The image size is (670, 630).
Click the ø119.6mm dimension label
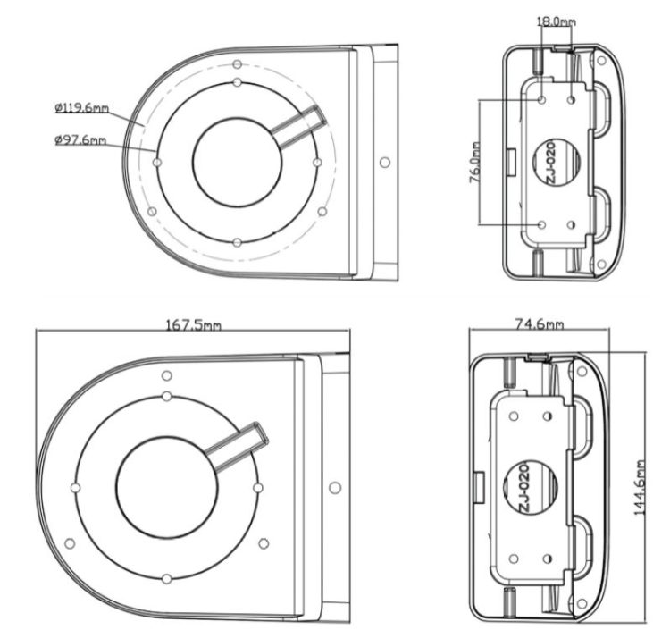pyautogui.click(x=81, y=108)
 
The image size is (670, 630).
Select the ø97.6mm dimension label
pyautogui.click(x=80, y=139)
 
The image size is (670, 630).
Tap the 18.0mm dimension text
pyautogui.click(x=556, y=21)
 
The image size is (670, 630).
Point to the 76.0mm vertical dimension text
pyautogui.click(x=475, y=162)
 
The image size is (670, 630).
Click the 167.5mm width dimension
pyautogui.click(x=193, y=325)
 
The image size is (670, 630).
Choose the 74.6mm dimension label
pyautogui.click(x=540, y=324)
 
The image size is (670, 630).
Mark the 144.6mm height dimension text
pyautogui.click(x=640, y=488)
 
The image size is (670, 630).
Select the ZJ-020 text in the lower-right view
pyautogui.click(x=524, y=488)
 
